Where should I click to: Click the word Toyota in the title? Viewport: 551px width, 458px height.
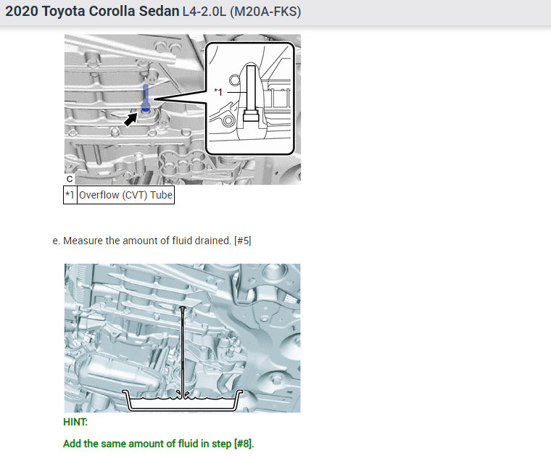pos(63,12)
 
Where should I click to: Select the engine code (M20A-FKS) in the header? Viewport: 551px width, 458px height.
pos(265,12)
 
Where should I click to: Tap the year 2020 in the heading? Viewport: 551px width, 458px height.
pos(22,12)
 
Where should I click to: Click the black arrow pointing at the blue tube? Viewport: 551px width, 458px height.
pos(130,120)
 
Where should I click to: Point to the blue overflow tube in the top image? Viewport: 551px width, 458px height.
pos(145,99)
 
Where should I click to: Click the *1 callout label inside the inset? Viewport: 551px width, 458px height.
pos(218,92)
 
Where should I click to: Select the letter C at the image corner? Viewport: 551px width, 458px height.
pos(70,179)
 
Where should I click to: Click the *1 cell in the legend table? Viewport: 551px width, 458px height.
pos(70,195)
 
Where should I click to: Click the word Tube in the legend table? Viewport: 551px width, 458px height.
pos(161,195)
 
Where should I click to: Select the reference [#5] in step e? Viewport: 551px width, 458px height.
pos(242,241)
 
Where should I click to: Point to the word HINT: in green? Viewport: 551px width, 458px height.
pos(75,422)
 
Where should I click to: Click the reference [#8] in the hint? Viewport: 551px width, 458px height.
pos(244,444)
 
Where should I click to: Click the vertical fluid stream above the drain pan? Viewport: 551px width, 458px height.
pos(183,351)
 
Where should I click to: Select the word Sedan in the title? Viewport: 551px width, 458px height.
pos(159,12)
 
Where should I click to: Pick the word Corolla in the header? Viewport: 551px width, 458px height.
pos(112,12)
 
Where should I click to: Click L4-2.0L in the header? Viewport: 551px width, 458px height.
pos(204,12)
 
